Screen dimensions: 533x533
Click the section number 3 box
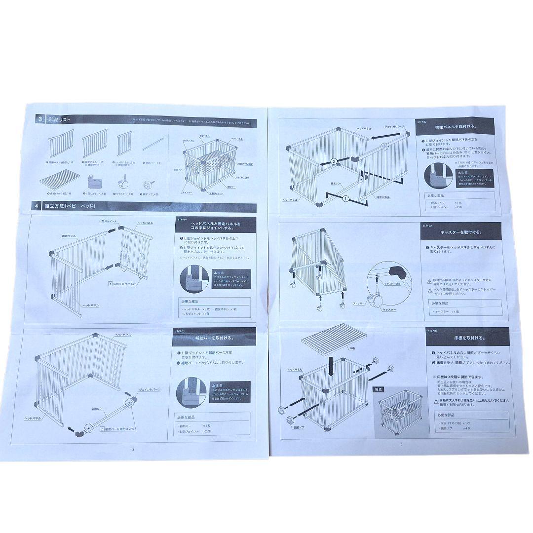(x=39, y=119)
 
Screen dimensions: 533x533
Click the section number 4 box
(x=37, y=205)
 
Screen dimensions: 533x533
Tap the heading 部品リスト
(x=59, y=119)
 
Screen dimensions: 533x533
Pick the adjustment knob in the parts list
(x=148, y=184)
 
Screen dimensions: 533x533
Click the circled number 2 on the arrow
(x=334, y=161)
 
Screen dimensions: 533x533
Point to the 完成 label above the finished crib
(x=379, y=389)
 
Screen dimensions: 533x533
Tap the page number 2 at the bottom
(x=133, y=449)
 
